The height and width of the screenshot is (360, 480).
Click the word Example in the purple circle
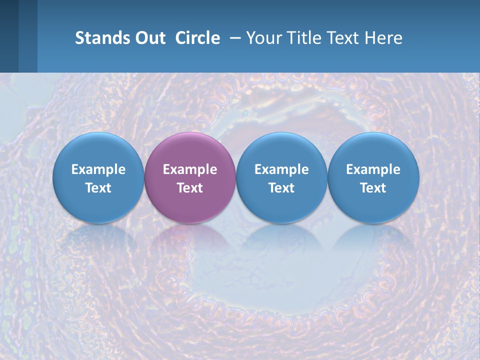pyautogui.click(x=190, y=169)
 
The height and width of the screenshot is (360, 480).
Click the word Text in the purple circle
pyautogui.click(x=190, y=188)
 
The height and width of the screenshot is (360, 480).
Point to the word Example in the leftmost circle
pyautogui.click(x=98, y=169)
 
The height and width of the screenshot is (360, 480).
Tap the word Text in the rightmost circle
pyautogui.click(x=373, y=188)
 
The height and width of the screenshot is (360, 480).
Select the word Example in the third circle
pyautogui.click(x=281, y=169)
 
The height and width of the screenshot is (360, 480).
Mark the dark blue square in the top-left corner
pyautogui.click(x=9, y=36)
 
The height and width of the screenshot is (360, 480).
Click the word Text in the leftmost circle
pyautogui.click(x=98, y=188)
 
